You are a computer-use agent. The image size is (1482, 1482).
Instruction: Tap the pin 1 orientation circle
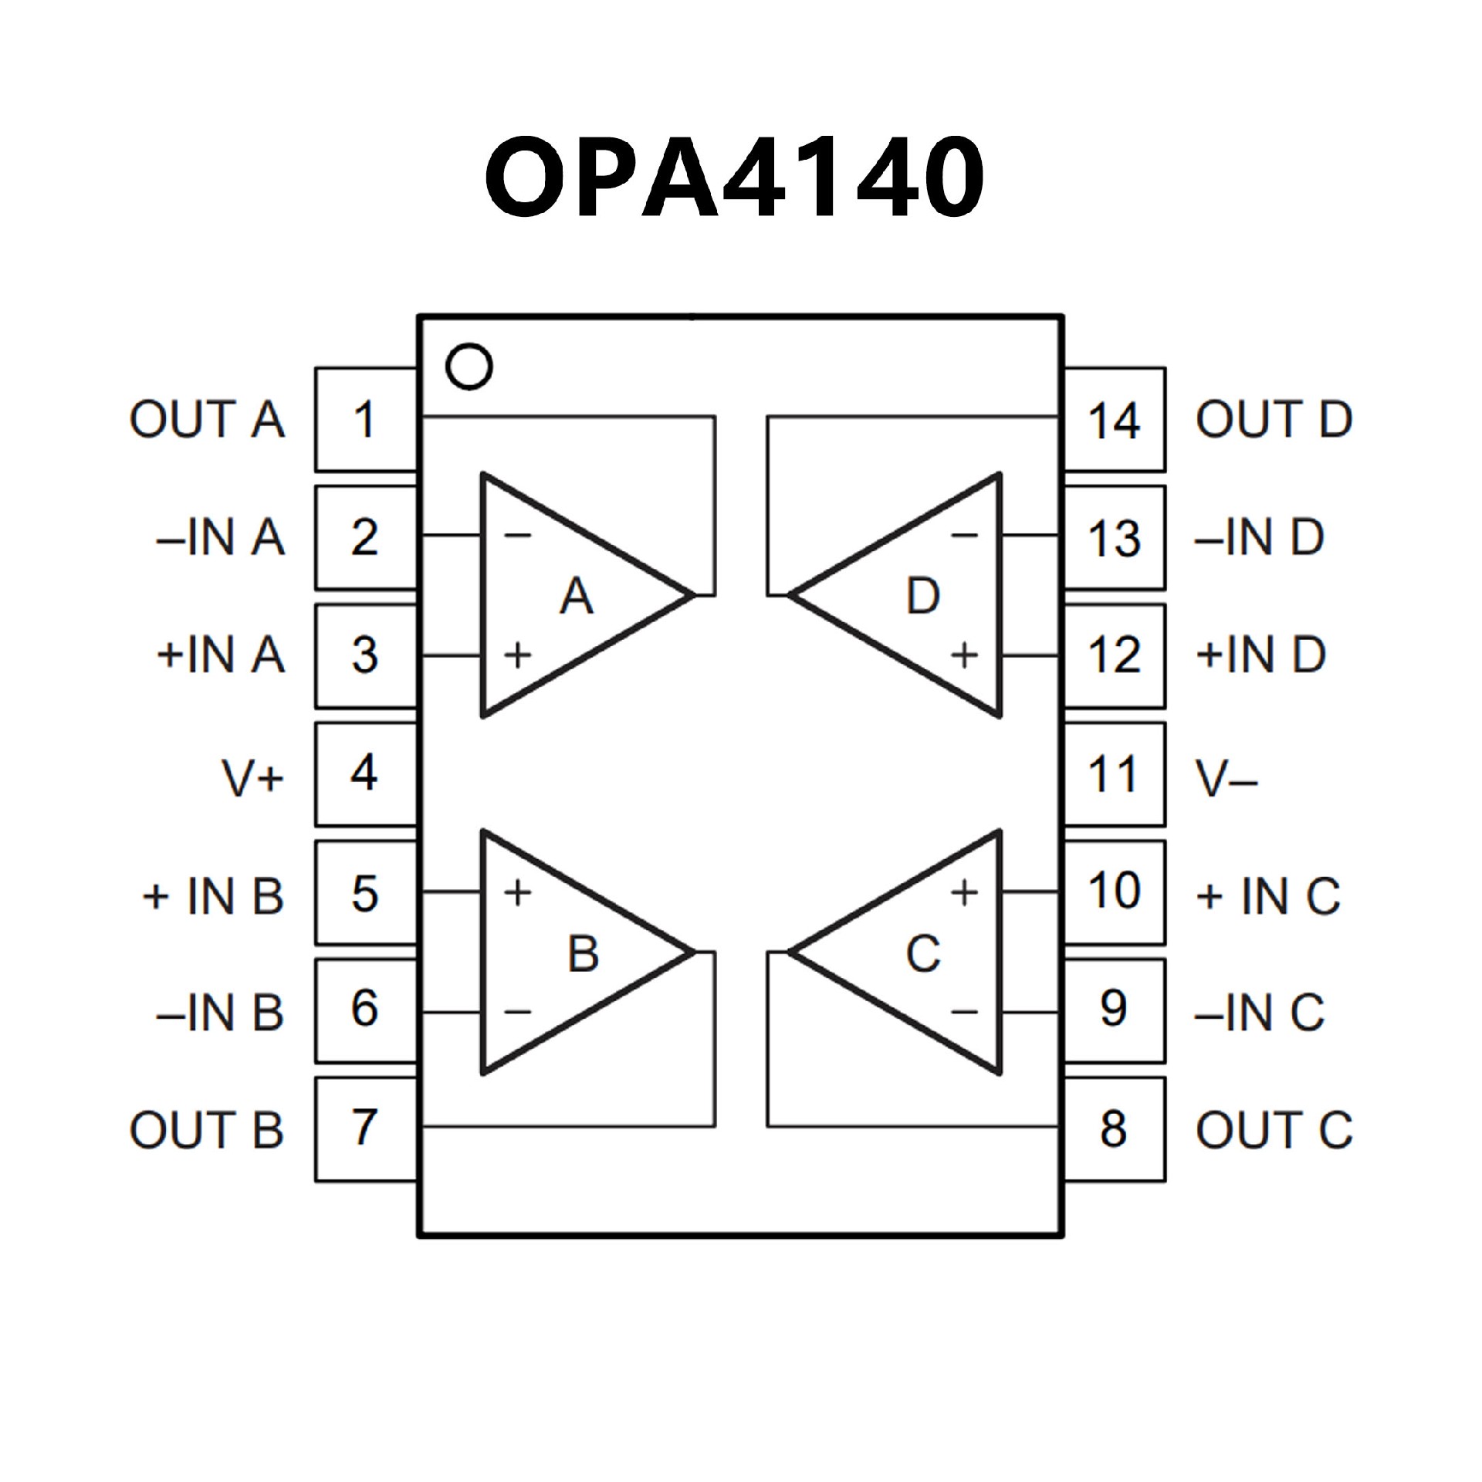(469, 367)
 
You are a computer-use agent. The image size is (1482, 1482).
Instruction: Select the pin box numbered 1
(365, 420)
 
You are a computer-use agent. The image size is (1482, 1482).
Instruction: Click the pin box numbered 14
(1114, 420)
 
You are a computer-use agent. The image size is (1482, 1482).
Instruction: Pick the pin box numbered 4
(365, 773)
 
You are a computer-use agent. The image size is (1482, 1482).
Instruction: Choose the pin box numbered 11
(1114, 773)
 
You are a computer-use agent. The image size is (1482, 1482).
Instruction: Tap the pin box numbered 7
(365, 1128)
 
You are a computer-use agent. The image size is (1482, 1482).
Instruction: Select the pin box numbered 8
(1114, 1128)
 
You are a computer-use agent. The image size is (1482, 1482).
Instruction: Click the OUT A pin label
(207, 420)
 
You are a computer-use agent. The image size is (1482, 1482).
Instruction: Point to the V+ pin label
(253, 777)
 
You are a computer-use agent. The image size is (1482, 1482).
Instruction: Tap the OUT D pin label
(1274, 420)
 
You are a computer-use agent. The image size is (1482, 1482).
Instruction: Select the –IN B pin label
(220, 1012)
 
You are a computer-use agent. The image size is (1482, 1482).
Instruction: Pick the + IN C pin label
(1267, 896)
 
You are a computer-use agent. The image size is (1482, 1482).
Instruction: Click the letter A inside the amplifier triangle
(577, 596)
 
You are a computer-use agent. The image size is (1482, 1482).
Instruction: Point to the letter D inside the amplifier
(922, 596)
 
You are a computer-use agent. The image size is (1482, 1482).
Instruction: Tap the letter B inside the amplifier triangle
(583, 953)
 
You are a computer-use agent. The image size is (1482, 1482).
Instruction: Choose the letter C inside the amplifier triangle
(922, 953)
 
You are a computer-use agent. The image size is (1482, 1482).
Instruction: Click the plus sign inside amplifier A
(518, 655)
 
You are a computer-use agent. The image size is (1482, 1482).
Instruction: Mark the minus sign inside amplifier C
(964, 1011)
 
